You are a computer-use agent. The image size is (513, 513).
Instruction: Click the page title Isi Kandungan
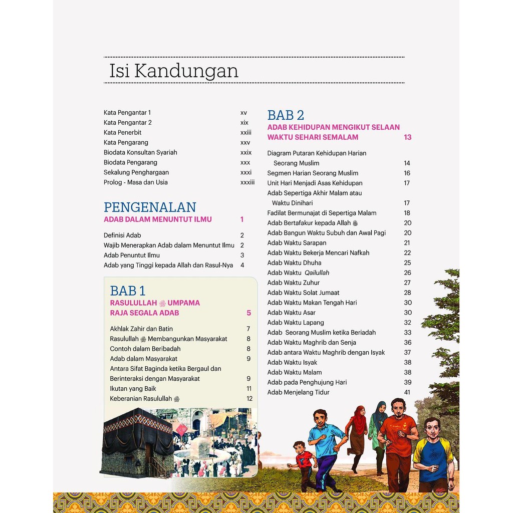pos(173,71)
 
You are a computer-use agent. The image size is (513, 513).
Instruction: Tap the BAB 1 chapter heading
pos(128,291)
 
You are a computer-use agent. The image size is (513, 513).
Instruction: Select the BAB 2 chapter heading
pos(286,115)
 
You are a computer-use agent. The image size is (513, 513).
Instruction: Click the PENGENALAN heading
pos(150,207)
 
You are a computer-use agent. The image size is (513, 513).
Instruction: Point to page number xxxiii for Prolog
pos(247,182)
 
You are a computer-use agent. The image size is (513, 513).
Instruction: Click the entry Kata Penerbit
pos(123,132)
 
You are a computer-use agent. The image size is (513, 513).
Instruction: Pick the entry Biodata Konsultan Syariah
pos(140,152)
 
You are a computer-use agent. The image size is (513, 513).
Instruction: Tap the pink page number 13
pos(407,137)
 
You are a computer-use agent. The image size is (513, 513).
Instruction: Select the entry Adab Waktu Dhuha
pos(294,263)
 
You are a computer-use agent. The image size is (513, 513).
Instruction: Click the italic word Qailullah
pos(317,273)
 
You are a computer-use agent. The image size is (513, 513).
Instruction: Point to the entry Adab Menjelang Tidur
pos(298,392)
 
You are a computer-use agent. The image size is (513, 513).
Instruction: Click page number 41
pos(407,392)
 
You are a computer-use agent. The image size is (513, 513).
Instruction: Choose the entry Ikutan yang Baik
pos(133,389)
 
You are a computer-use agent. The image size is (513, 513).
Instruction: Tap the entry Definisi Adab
pos(122,235)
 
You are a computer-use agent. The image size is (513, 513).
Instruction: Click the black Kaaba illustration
pos(138,441)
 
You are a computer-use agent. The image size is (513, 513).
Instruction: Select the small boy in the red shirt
pos(303,463)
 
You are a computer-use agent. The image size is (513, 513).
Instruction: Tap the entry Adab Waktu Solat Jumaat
pos(303,293)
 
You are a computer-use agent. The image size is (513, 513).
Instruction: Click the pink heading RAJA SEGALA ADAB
pos(144,313)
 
